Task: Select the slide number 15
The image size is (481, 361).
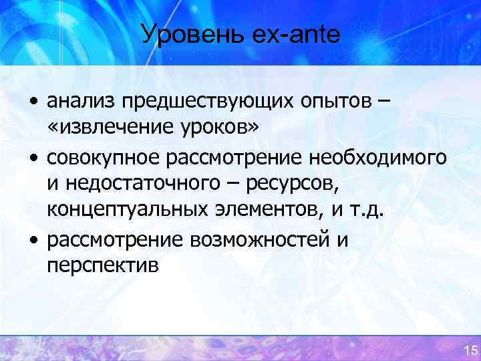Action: tap(470, 350)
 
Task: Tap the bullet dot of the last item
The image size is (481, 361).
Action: tap(33, 240)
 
